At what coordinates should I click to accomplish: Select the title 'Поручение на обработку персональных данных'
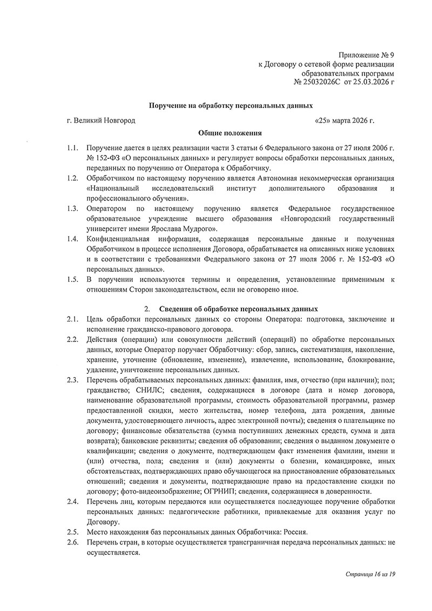point(231,107)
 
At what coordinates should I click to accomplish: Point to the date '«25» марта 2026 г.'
point(345,120)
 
